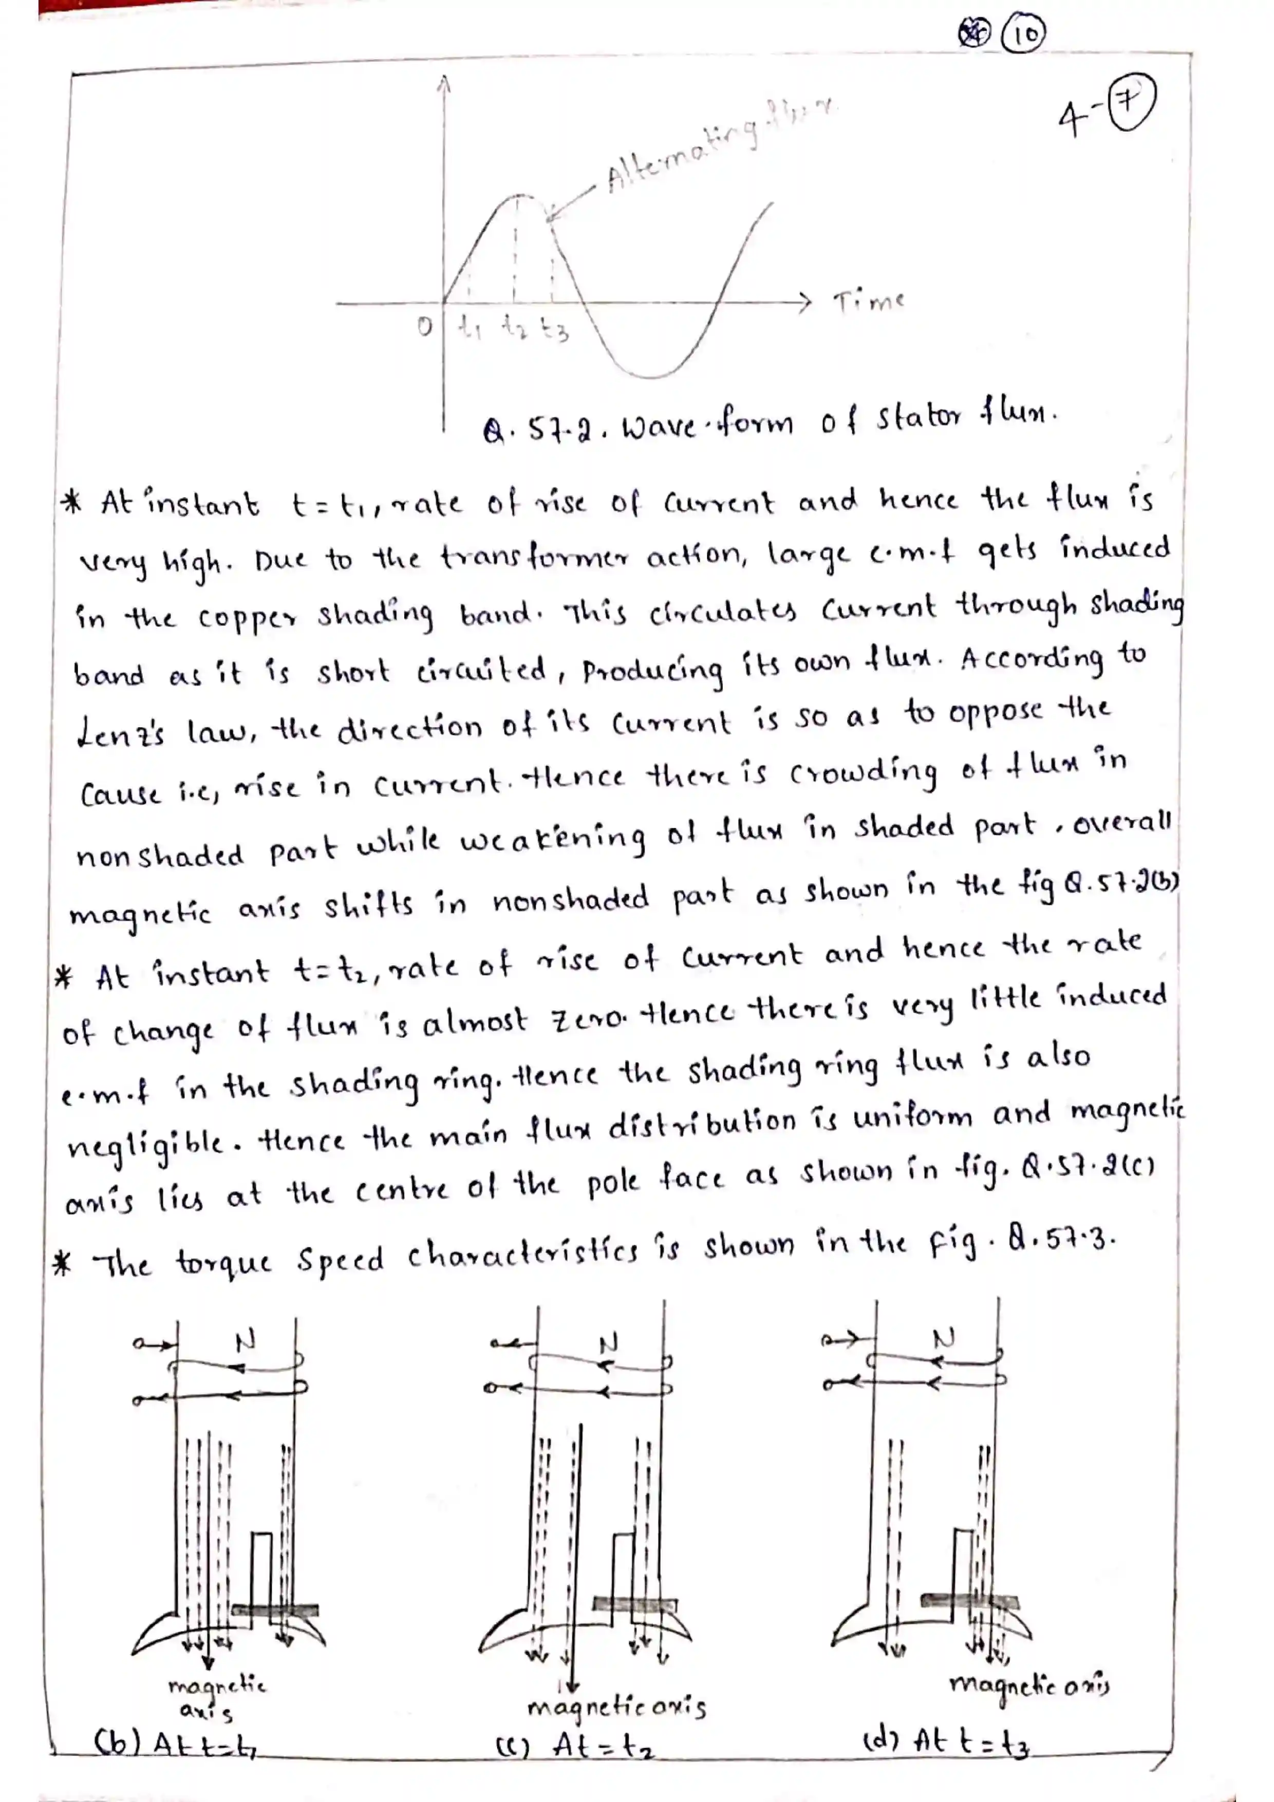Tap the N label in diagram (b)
coord(246,1341)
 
